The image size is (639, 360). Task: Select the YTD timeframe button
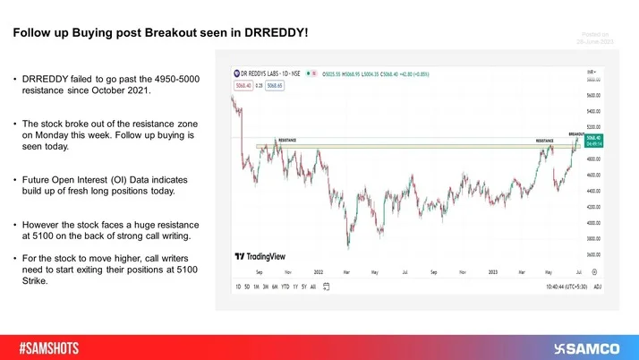pos(285,287)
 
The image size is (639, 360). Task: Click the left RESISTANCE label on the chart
pos(286,141)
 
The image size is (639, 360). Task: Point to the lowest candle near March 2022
pos(347,246)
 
